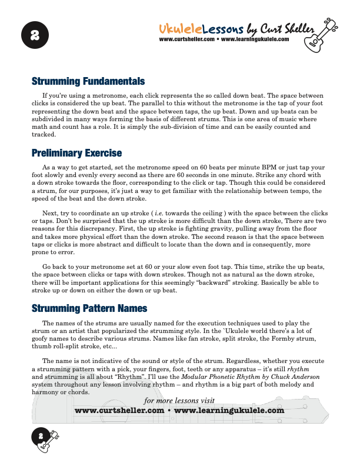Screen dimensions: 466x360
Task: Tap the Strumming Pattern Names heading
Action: [89, 308]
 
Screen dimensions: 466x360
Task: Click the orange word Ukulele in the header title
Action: [181, 29]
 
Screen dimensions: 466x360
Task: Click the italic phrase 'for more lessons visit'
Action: [179, 401]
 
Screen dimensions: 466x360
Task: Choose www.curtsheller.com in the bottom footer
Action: [119, 411]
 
